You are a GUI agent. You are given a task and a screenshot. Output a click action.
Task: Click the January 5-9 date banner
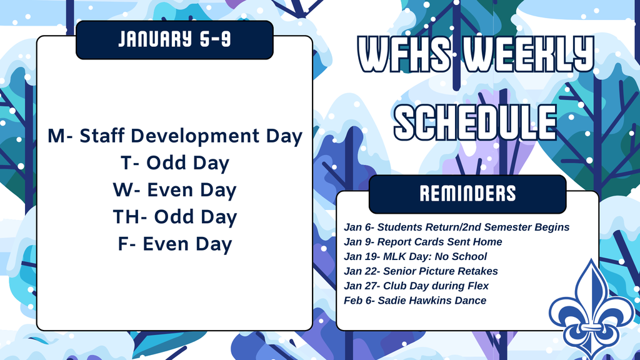point(174,40)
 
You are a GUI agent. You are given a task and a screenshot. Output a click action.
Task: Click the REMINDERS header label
point(467,194)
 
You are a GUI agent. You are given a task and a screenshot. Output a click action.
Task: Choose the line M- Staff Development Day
point(175,136)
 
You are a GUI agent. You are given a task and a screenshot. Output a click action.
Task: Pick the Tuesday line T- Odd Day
point(175,163)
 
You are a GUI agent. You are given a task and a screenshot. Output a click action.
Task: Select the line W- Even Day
point(175,190)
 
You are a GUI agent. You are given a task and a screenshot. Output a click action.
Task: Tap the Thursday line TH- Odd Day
point(175,217)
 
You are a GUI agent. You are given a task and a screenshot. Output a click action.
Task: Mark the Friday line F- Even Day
point(175,244)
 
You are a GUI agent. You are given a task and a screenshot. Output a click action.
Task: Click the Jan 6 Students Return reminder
point(456,227)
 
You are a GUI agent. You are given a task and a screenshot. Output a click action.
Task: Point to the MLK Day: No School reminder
point(415,256)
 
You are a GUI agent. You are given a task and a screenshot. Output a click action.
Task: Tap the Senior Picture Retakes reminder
point(421,271)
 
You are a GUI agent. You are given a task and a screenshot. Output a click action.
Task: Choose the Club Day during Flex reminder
point(416,286)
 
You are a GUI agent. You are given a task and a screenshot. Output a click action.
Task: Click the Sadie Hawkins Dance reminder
point(415,301)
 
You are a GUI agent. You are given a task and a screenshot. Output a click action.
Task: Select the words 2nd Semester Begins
point(526,227)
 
